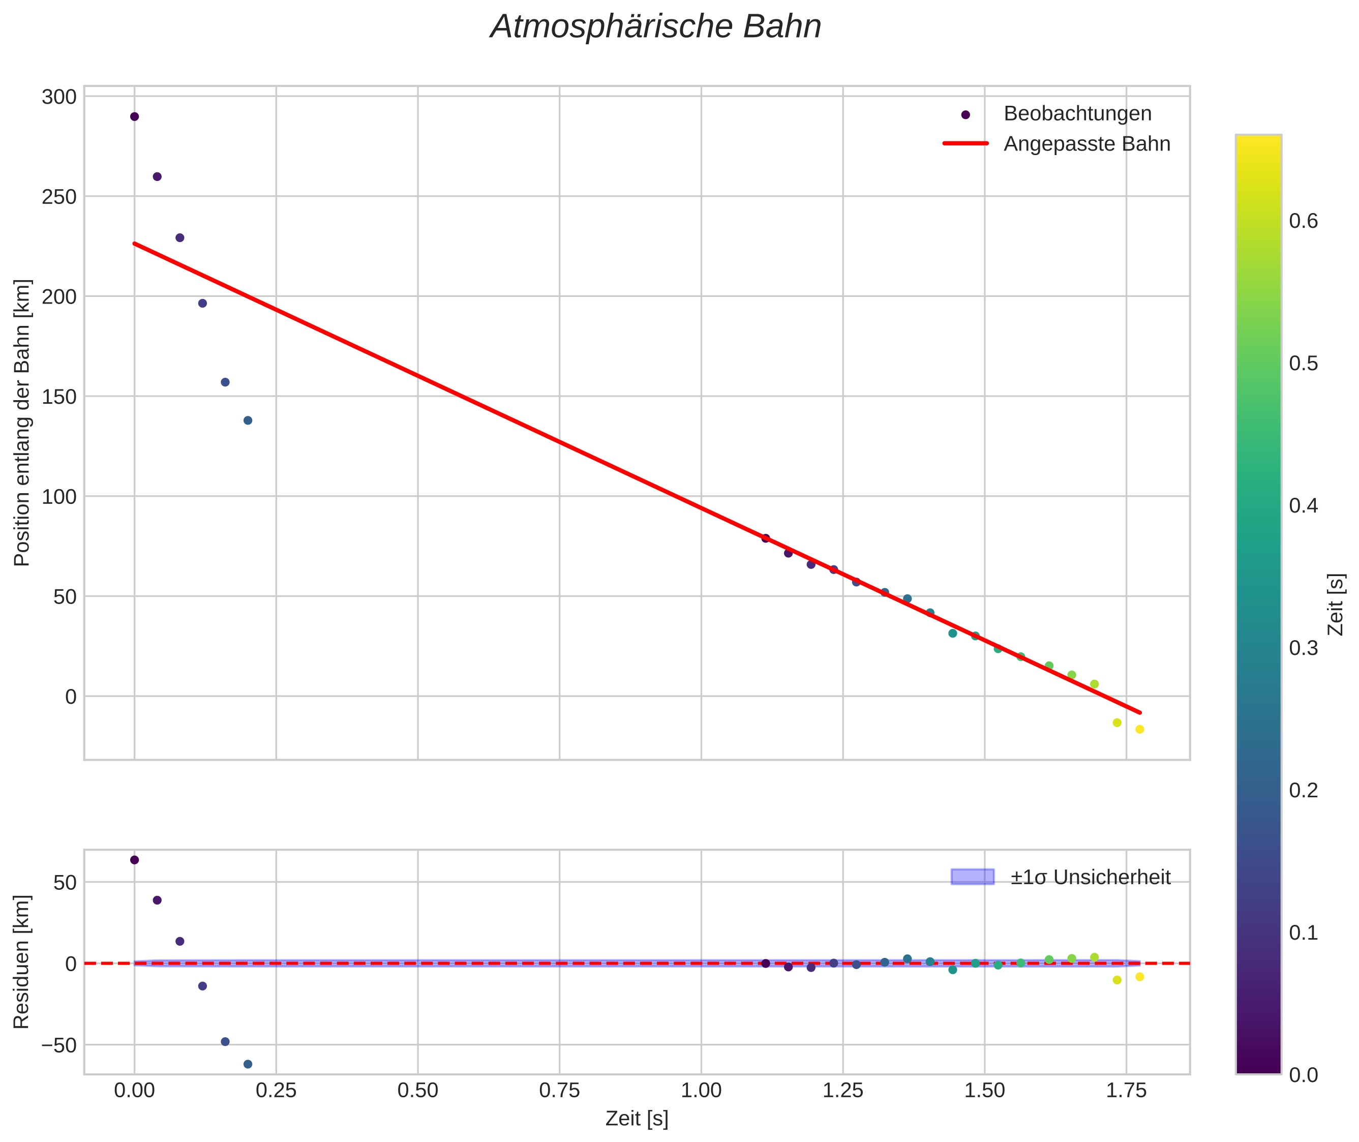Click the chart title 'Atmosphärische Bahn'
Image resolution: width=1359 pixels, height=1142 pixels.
click(x=655, y=27)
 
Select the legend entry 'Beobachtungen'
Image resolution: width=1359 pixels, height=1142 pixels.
click(x=1077, y=114)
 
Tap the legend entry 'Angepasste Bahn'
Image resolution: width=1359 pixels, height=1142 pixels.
click(x=1086, y=144)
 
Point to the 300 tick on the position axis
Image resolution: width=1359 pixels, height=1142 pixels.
click(x=59, y=97)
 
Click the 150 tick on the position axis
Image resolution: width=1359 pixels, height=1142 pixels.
click(x=59, y=396)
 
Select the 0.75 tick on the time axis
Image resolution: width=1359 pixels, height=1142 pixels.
click(x=559, y=1091)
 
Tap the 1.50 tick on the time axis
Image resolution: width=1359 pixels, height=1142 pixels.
click(x=984, y=1091)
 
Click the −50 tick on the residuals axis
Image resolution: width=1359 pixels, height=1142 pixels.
click(x=54, y=1045)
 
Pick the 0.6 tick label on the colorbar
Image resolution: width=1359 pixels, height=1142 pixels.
click(x=1303, y=221)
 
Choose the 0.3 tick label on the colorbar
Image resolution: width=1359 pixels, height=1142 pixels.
click(x=1303, y=648)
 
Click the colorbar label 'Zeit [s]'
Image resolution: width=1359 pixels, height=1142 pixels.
click(x=1336, y=604)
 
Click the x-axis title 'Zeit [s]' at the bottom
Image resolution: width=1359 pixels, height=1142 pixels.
click(x=637, y=1119)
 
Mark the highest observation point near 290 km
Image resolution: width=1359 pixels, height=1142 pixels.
click(x=135, y=116)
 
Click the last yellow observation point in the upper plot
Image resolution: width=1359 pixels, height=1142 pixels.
click(x=1139, y=730)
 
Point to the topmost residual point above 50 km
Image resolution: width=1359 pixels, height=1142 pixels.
click(x=135, y=860)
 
